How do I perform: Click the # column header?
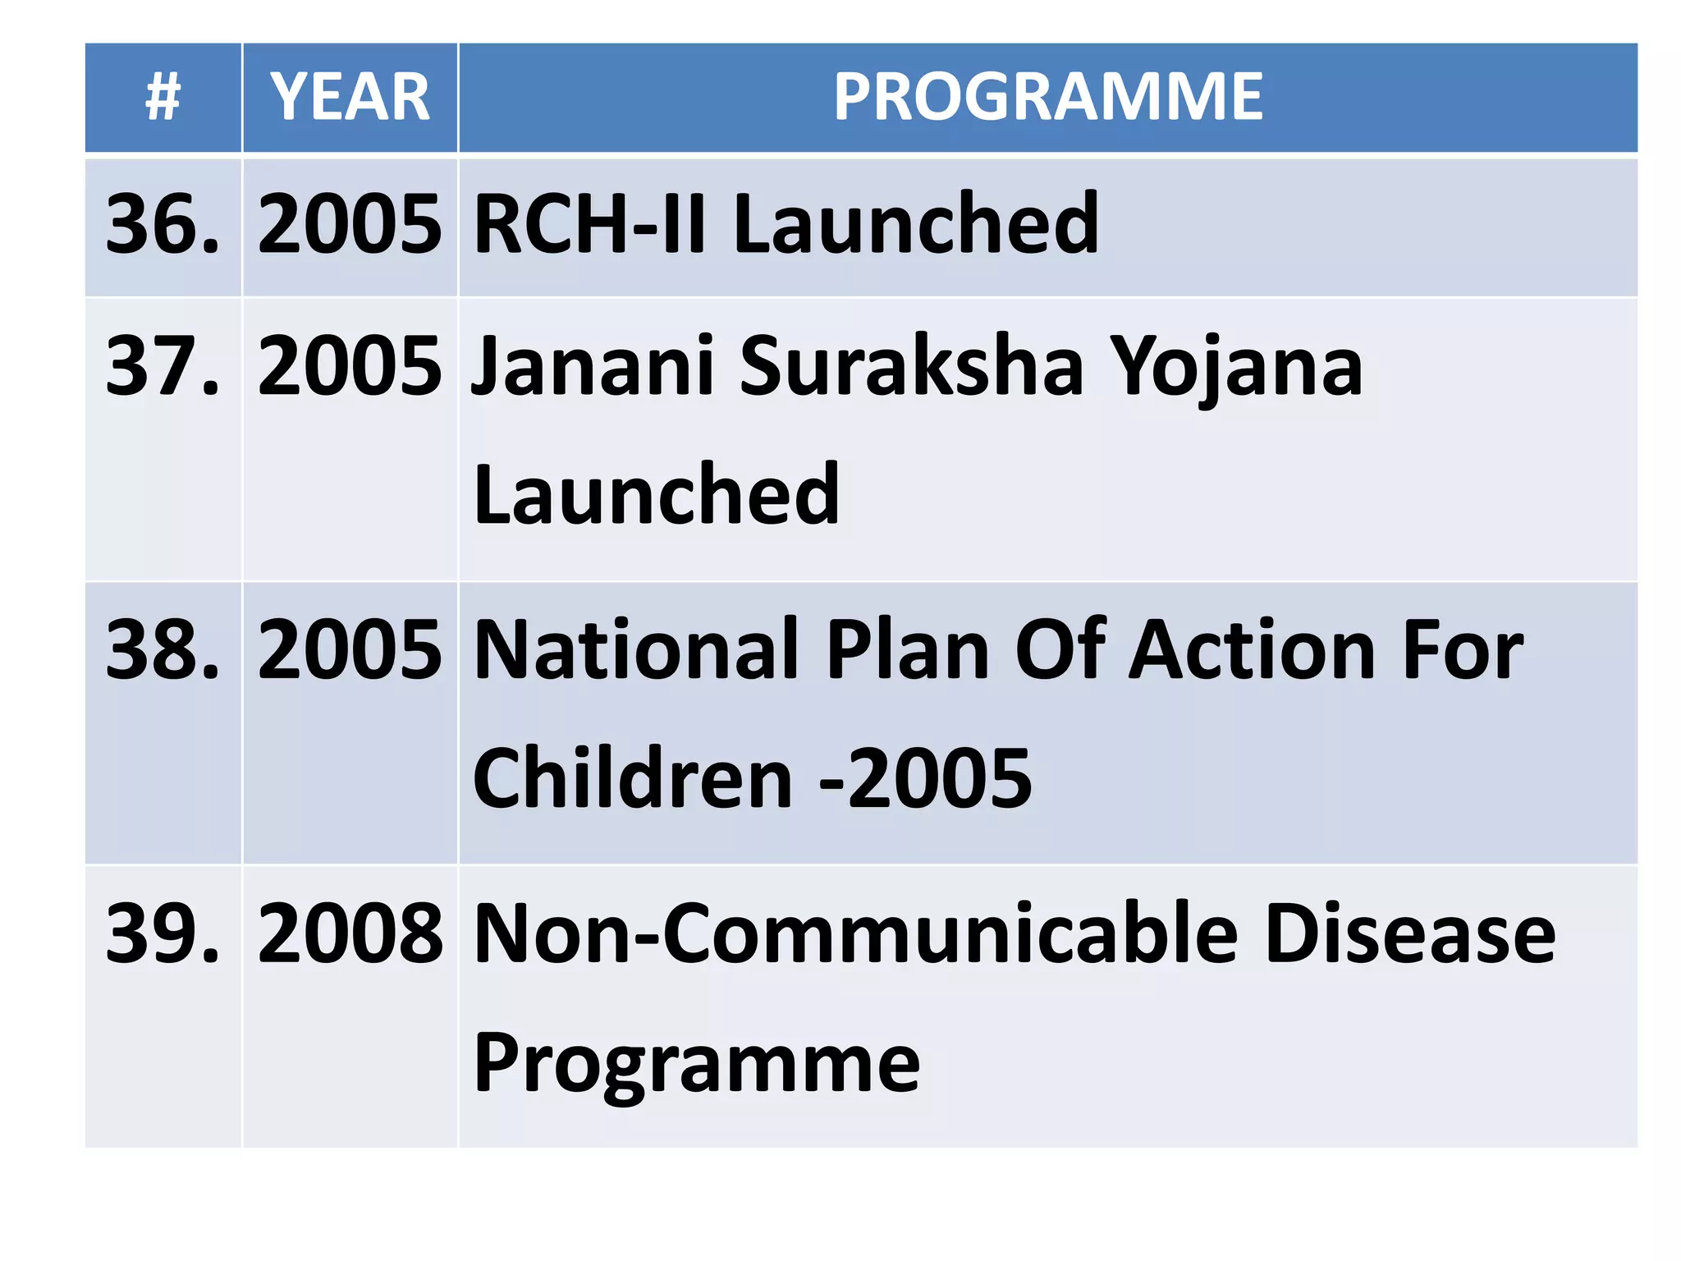[163, 97]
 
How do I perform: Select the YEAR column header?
[350, 97]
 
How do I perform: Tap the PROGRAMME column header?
[1048, 97]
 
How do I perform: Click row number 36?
[163, 223]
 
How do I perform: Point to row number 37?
[163, 366]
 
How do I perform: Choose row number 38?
[163, 650]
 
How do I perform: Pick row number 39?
[163, 934]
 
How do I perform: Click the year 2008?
[350, 934]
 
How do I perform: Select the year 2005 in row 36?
[350, 223]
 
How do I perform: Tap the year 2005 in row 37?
[350, 366]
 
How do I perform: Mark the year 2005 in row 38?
[350, 650]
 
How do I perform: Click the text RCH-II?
[589, 223]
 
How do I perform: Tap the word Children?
[633, 778]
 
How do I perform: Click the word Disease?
[1410, 934]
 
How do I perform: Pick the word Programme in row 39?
[697, 1064]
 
